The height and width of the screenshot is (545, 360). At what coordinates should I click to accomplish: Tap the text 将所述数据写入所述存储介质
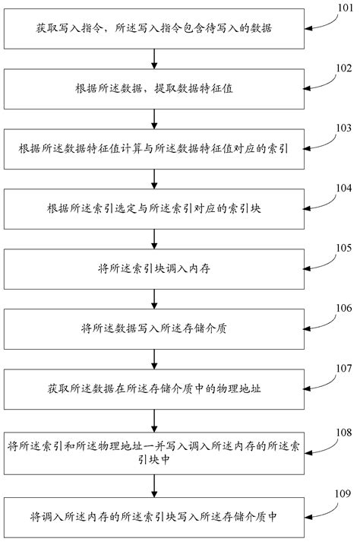pyautogui.click(x=155, y=329)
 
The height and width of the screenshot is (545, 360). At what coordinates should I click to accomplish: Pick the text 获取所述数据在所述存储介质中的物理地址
pyautogui.click(x=155, y=389)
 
